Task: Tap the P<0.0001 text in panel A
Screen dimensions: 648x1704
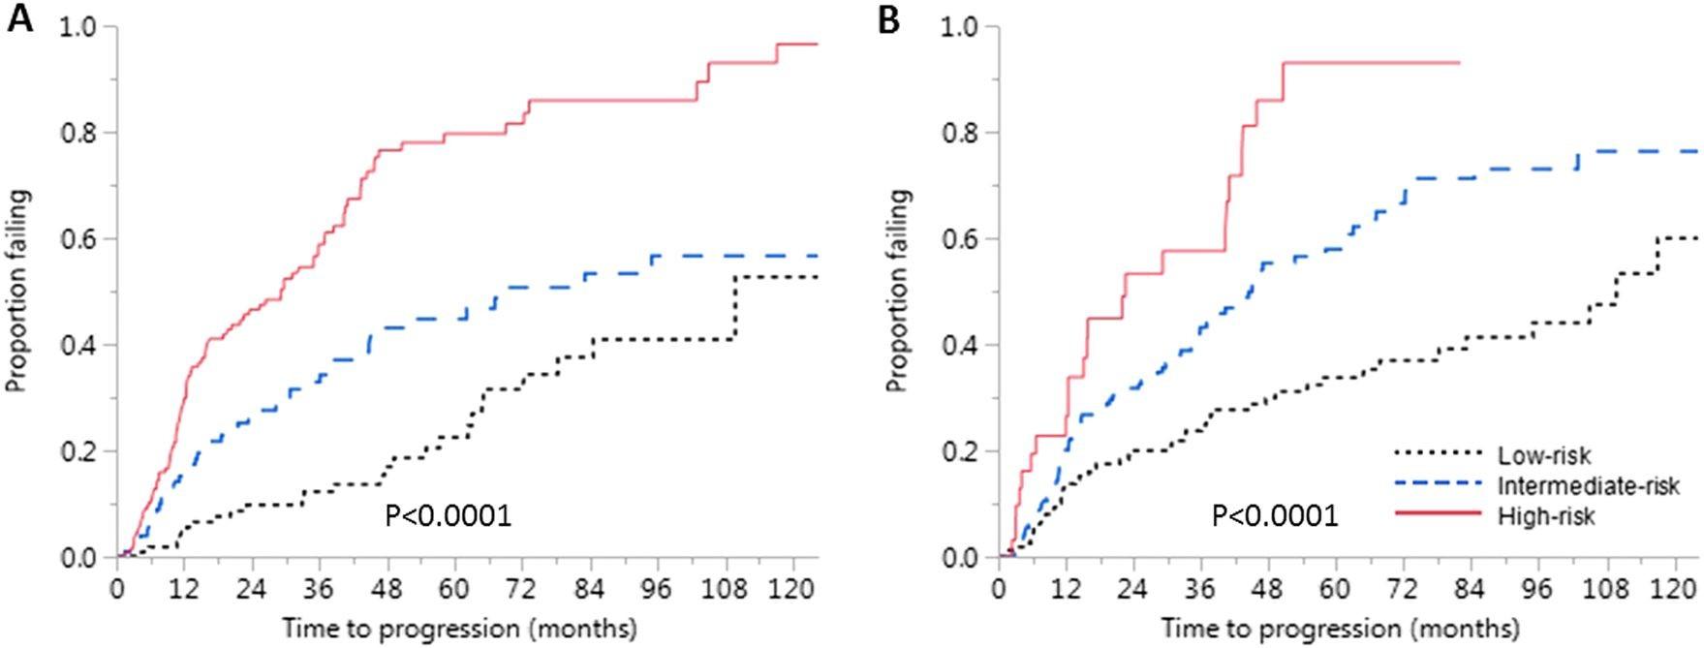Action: click(449, 515)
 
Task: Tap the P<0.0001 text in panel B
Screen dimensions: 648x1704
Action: click(1275, 515)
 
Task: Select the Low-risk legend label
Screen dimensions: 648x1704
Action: click(1544, 454)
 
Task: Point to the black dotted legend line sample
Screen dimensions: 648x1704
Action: click(1438, 452)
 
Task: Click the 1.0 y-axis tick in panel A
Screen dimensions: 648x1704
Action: click(80, 26)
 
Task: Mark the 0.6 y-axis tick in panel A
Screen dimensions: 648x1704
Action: click(80, 238)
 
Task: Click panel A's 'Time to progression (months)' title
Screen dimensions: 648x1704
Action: click(460, 628)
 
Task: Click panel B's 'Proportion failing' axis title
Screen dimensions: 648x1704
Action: click(898, 291)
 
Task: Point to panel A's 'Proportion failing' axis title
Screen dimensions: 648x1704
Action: click(17, 291)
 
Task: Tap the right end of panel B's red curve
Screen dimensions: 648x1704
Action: click(1459, 62)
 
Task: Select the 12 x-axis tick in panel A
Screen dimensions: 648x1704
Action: click(185, 589)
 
